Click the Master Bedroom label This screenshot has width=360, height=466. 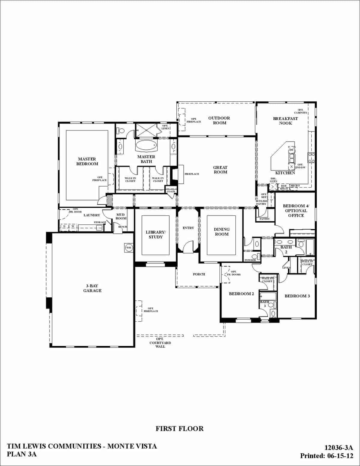click(87, 161)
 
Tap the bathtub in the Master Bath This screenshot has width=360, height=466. click(146, 146)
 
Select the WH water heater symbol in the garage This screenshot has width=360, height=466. click(129, 248)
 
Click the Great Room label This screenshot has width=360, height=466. click(220, 170)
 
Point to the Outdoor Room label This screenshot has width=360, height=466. click(219, 120)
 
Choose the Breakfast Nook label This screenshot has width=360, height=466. click(285, 121)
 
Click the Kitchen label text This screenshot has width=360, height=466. click(285, 173)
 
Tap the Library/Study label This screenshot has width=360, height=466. click(155, 234)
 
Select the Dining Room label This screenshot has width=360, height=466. click(222, 232)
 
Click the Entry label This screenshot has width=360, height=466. click(188, 228)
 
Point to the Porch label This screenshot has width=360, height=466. click(199, 274)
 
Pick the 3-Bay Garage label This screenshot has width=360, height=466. click(92, 288)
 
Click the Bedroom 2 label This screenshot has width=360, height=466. click(241, 293)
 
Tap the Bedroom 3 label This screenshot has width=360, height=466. click(297, 296)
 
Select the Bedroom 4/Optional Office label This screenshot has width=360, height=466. click(296, 211)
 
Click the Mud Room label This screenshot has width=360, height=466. click(121, 216)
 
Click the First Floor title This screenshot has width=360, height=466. click(179, 428)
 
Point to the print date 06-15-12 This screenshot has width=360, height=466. click(339, 456)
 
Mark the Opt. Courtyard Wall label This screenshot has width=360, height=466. click(160, 343)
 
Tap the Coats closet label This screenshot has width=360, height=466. click(171, 191)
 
